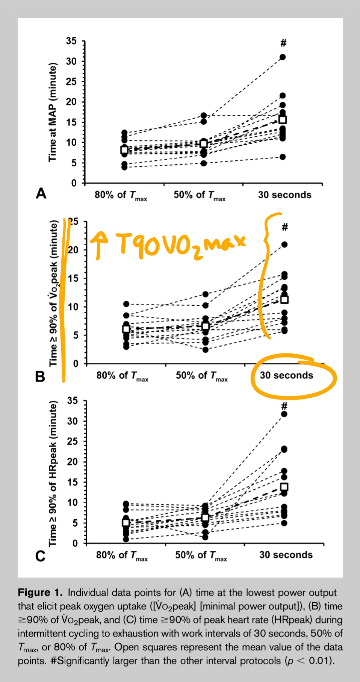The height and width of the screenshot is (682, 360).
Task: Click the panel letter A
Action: pos(41,194)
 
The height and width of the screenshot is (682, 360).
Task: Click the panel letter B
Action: pos(40,376)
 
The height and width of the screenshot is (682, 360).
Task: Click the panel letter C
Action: pos(40,556)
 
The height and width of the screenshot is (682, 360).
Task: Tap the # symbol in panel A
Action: pos(283,43)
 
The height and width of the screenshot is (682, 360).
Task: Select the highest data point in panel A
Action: pos(283,57)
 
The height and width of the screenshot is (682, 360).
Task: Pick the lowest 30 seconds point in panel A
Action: pos(283,157)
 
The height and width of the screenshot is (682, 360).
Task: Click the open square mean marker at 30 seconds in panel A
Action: pos(283,120)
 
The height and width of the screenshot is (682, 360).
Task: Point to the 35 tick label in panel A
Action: pos(71,41)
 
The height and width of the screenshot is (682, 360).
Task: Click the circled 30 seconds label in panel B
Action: pos(286,375)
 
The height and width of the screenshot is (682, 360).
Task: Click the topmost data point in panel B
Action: pos(284,244)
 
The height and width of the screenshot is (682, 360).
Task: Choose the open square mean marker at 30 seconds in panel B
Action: pos(284,299)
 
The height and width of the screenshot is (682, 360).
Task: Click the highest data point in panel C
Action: pos(284,414)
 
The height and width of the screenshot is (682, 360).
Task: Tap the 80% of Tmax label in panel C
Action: pos(122,555)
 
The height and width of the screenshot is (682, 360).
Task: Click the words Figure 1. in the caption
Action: pos(40,593)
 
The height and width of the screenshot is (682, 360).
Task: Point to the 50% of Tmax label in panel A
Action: pos(200,195)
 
